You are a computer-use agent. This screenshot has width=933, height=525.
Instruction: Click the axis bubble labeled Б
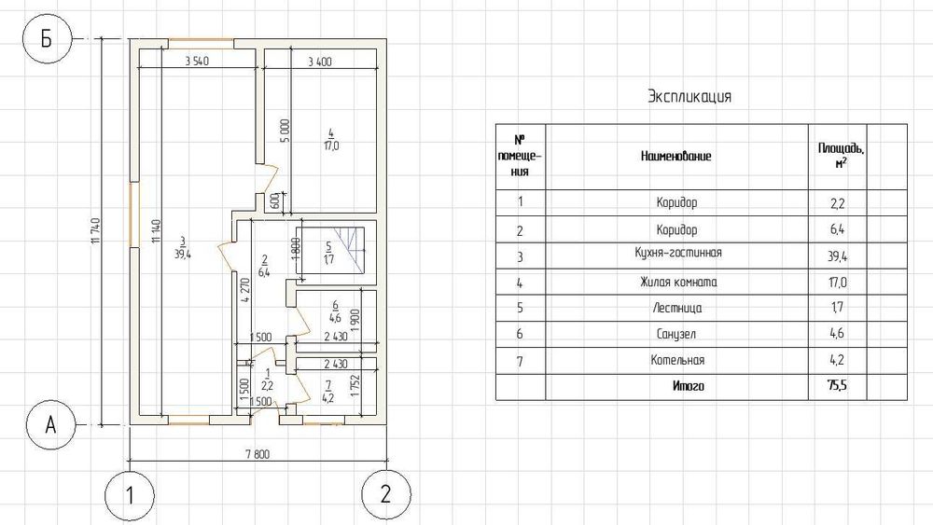point(47,39)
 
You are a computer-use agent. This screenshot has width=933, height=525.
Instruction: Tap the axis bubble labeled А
point(51,424)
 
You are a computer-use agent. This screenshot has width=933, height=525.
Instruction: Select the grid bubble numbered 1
point(130,494)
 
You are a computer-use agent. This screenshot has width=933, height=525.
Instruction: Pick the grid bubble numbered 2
point(386,494)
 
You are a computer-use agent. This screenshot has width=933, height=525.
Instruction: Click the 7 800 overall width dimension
point(258,455)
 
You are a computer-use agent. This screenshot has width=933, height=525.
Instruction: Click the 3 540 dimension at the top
point(197,61)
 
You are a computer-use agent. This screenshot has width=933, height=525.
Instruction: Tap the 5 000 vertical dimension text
point(285,131)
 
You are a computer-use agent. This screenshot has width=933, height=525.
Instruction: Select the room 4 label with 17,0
point(331,140)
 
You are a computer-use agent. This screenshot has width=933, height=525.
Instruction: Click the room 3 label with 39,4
point(183,248)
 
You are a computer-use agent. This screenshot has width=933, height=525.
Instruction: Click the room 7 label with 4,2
point(327,393)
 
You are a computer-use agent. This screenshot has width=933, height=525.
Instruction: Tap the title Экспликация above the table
point(689,96)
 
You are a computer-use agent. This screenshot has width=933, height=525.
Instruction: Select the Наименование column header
point(675,157)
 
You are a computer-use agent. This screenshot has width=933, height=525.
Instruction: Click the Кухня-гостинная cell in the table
point(677,253)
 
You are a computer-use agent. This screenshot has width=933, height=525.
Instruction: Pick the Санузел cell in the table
point(675,334)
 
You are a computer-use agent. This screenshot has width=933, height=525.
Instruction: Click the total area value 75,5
point(837,385)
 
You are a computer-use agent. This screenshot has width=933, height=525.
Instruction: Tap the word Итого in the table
point(689,386)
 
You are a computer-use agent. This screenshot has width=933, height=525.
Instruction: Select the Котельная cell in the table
point(677,360)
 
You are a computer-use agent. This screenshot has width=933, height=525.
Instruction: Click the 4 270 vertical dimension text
point(244,290)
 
